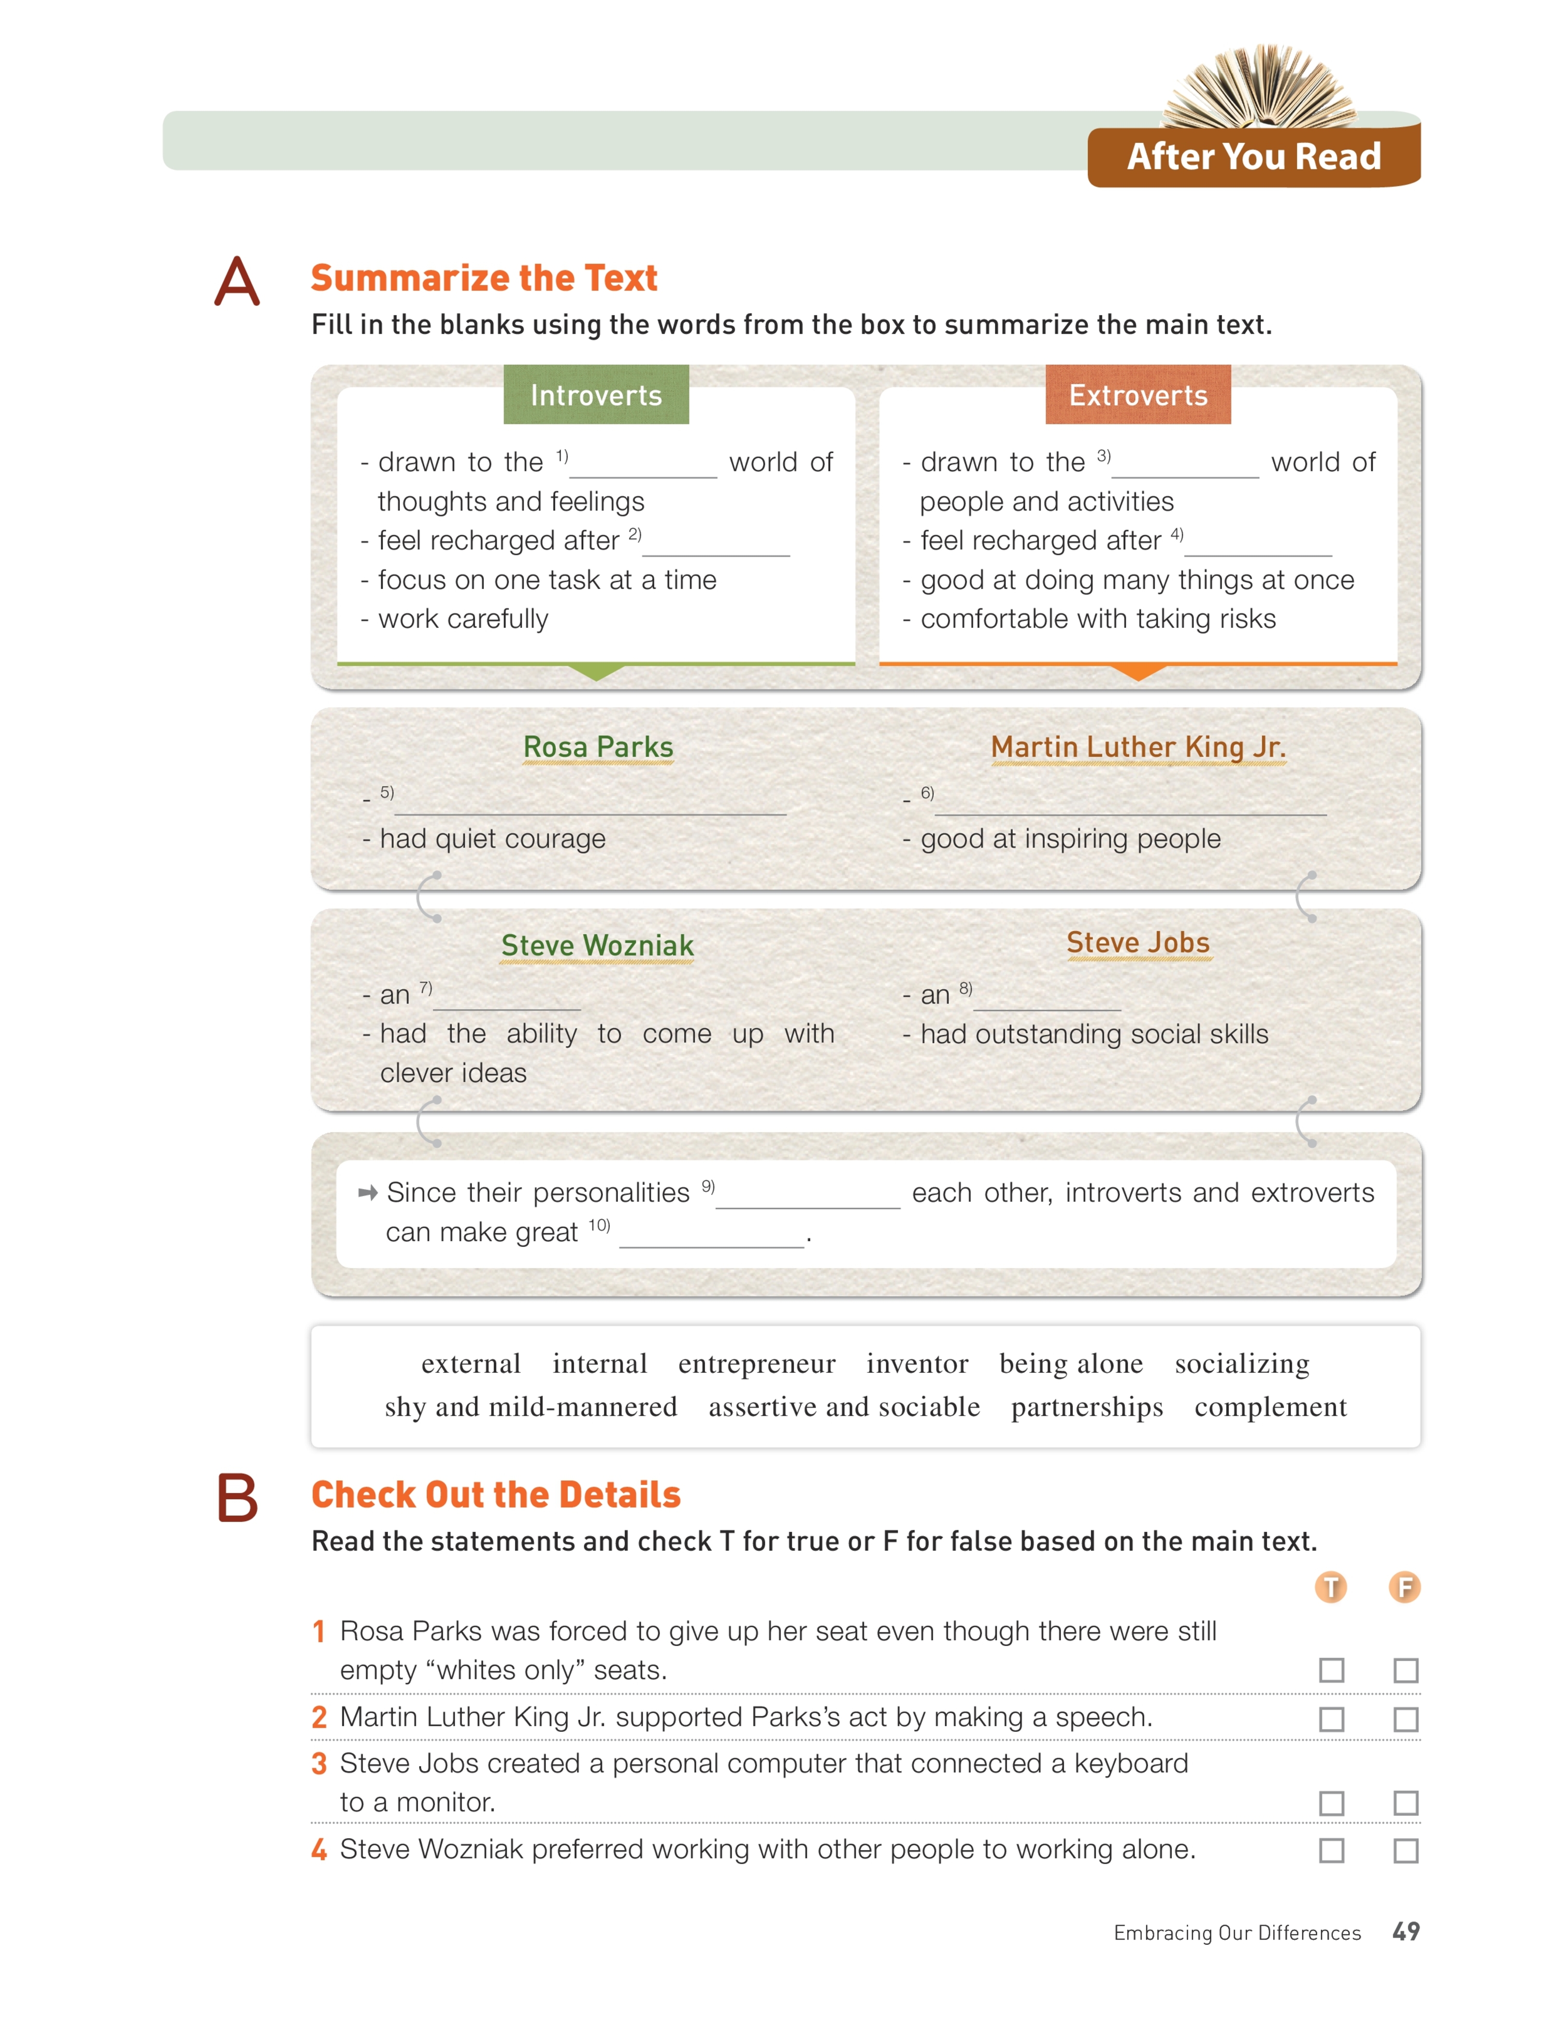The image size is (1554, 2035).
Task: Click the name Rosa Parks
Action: pos(598,747)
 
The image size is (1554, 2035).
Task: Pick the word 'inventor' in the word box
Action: pos(917,1364)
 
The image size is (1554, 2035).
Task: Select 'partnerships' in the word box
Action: pos(1087,1407)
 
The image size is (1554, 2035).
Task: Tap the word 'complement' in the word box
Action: pos(1270,1407)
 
